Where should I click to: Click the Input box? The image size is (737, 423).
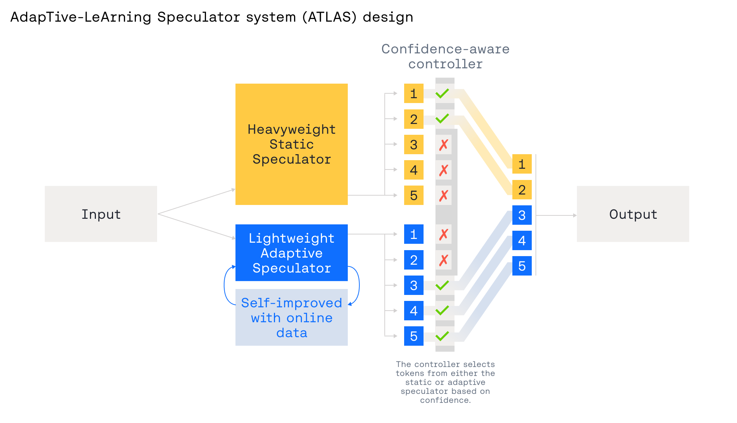pos(101,214)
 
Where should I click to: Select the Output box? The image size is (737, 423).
pos(633,214)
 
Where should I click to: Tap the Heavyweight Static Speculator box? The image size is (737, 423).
pos(291,144)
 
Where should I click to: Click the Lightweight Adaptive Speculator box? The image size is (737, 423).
pos(291,253)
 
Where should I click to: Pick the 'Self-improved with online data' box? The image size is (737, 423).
pos(291,317)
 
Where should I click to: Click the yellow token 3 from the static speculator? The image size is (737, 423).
pos(413,144)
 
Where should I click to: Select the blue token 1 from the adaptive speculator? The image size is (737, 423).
pos(413,234)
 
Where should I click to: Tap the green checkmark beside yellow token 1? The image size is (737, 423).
pos(442,93)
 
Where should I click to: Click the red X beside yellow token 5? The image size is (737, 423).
pos(443,195)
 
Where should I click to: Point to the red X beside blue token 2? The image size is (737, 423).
pos(443,260)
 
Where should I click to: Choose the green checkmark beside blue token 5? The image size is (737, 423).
pos(442,336)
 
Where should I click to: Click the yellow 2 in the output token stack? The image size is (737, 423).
pos(522,190)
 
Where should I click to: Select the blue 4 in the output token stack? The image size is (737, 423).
pos(522,240)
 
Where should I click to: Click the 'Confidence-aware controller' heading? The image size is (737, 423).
pos(445,56)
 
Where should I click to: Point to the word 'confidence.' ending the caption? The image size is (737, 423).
pos(445,400)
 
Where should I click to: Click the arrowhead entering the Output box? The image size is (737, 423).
pos(575,215)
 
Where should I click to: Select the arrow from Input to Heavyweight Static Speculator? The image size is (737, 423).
pos(197,202)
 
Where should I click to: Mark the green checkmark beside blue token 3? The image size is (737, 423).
pos(442,285)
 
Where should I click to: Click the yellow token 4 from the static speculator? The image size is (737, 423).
pos(413,170)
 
